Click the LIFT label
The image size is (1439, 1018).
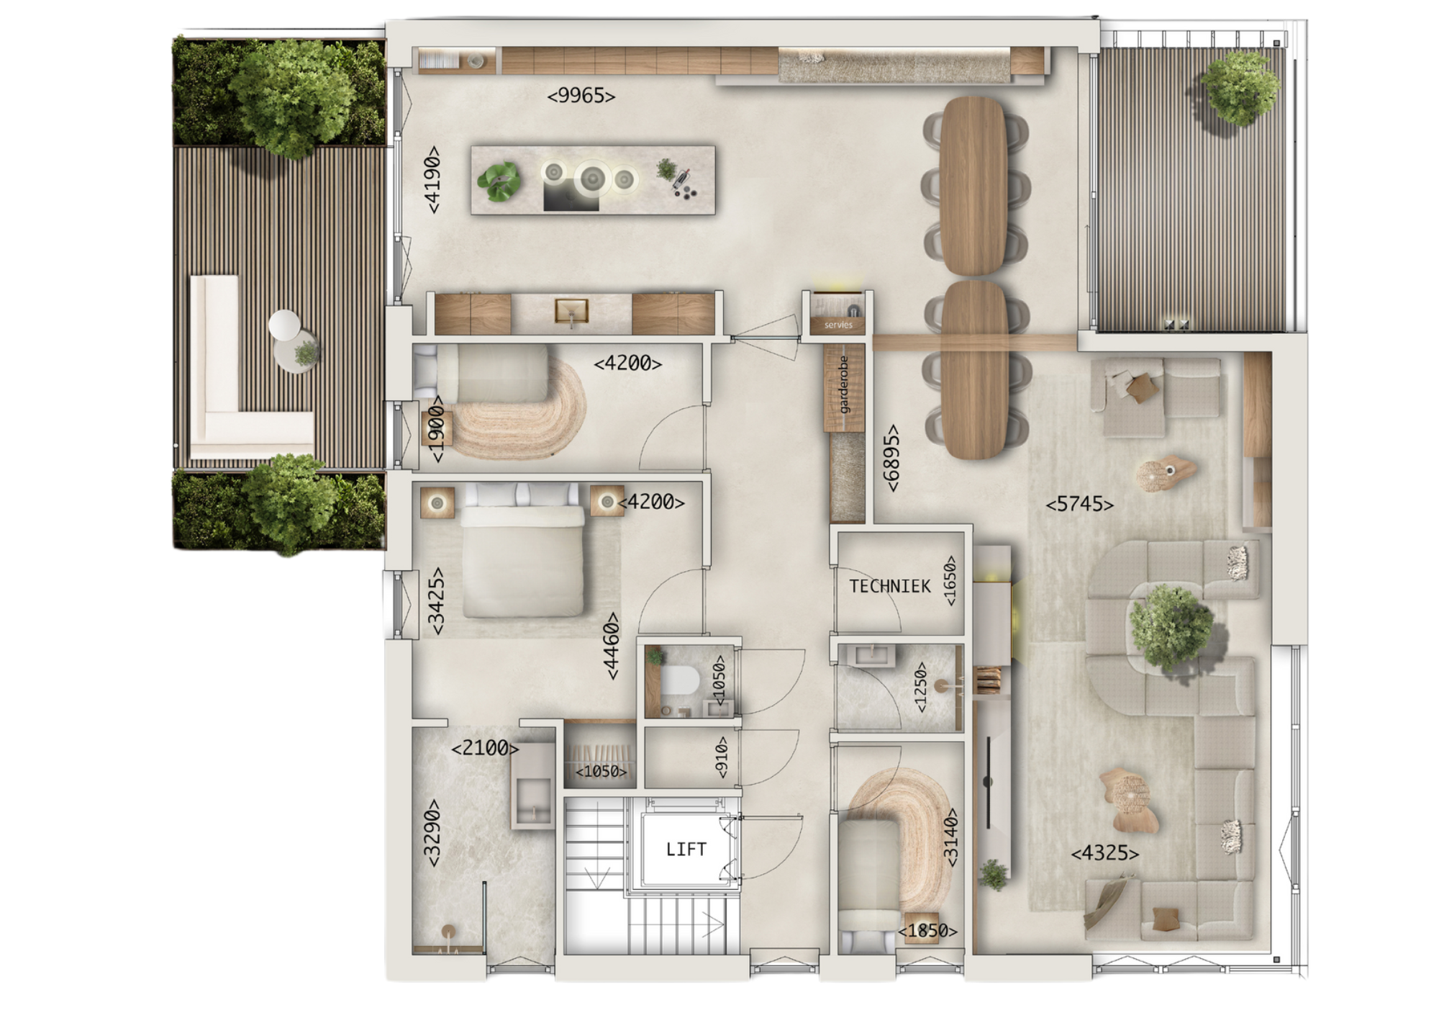686,850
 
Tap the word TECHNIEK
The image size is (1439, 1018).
890,586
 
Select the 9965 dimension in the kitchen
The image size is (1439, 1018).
581,96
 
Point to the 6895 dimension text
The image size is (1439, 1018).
891,458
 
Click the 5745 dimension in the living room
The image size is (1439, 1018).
1079,504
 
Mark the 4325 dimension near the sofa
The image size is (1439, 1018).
1105,853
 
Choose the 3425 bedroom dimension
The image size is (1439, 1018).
436,601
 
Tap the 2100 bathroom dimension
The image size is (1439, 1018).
485,748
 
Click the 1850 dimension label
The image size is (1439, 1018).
927,931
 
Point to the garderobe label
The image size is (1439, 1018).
844,384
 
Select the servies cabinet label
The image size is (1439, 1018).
838,325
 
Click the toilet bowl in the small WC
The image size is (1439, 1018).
679,680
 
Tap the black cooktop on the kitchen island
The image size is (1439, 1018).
571,195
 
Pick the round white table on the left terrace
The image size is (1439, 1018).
284,325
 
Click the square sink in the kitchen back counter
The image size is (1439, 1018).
572,312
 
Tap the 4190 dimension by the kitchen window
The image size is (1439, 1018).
432,180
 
